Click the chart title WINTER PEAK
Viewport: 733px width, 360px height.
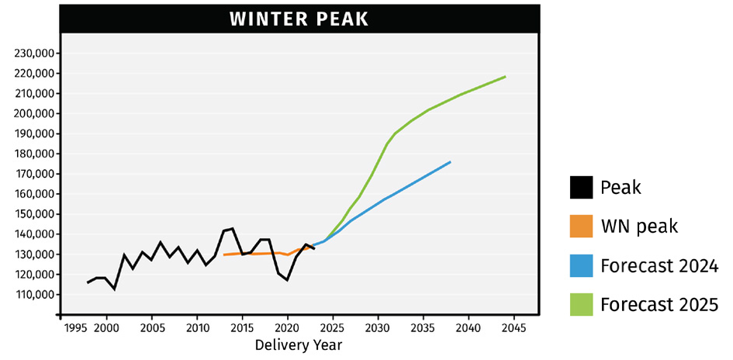coord(299,19)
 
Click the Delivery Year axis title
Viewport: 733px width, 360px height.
coord(299,345)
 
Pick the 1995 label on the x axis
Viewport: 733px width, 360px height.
coord(75,328)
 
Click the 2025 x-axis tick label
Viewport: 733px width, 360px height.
coord(333,328)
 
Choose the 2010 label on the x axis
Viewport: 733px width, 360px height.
coord(197,328)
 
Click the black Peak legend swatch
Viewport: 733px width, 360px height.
coord(581,187)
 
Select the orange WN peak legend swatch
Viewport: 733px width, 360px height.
coord(581,227)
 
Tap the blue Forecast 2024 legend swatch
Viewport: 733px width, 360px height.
coord(581,266)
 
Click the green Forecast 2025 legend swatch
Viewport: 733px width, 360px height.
coord(581,305)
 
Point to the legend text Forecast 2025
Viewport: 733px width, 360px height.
coord(659,306)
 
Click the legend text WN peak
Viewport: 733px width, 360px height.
coord(639,227)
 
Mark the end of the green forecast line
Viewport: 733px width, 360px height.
coord(506,77)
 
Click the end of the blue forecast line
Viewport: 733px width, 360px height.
coord(451,162)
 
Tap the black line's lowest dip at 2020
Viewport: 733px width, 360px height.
coord(287,280)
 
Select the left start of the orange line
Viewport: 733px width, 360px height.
coord(224,254)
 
